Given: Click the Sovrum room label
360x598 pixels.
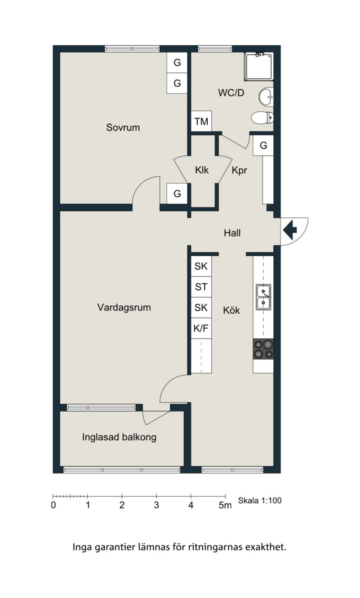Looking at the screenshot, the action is (123, 127).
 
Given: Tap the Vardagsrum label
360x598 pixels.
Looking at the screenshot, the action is (124, 307).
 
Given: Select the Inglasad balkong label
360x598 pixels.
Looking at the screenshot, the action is (119, 437).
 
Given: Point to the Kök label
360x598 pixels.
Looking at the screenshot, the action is (231, 310).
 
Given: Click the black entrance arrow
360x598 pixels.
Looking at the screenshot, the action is (290, 230).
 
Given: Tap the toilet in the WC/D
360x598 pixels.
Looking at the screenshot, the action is (262, 117).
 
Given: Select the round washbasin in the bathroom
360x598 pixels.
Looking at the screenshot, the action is (266, 97).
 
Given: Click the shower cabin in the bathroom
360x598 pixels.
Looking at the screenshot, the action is (259, 67).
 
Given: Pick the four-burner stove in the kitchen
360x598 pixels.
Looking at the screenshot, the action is (263, 349).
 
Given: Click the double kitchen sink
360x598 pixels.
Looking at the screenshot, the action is (263, 297).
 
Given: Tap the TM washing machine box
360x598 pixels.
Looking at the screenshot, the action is (201, 121).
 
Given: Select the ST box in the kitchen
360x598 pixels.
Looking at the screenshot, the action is (201, 287).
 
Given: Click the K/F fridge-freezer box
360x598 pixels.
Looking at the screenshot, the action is (201, 328).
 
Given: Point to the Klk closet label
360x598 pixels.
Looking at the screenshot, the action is (202, 170).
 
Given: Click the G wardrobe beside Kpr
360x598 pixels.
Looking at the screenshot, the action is (263, 145).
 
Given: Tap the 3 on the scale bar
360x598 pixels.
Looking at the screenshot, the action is (156, 505).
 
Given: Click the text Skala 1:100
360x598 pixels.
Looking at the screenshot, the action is (259, 500).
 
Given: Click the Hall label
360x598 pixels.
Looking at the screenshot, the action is (232, 233).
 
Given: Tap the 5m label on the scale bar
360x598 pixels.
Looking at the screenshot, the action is (225, 505).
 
